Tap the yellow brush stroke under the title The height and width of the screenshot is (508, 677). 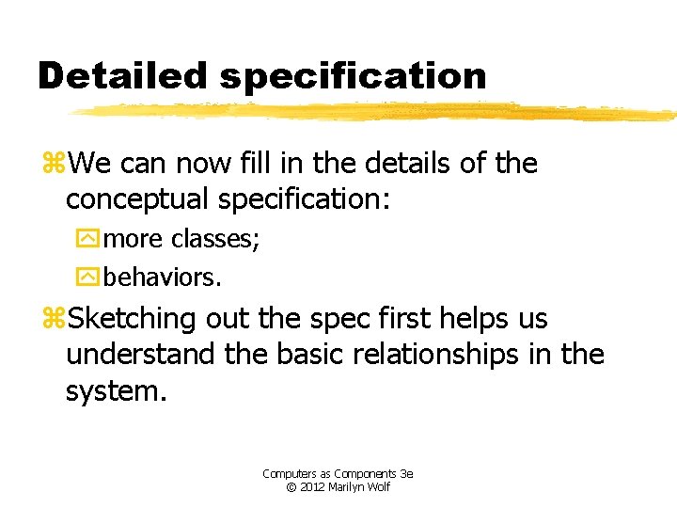coord(376,112)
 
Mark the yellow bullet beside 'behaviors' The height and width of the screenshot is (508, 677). coord(87,278)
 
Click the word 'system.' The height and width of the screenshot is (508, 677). coord(116,389)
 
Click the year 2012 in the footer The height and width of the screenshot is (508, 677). coord(312,486)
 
